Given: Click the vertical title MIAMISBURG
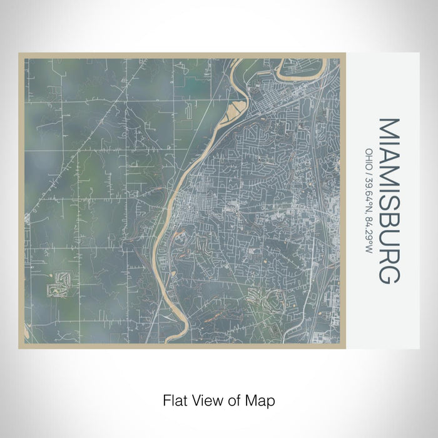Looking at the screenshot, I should coord(389,200).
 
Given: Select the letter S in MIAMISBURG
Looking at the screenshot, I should coord(389,207).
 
